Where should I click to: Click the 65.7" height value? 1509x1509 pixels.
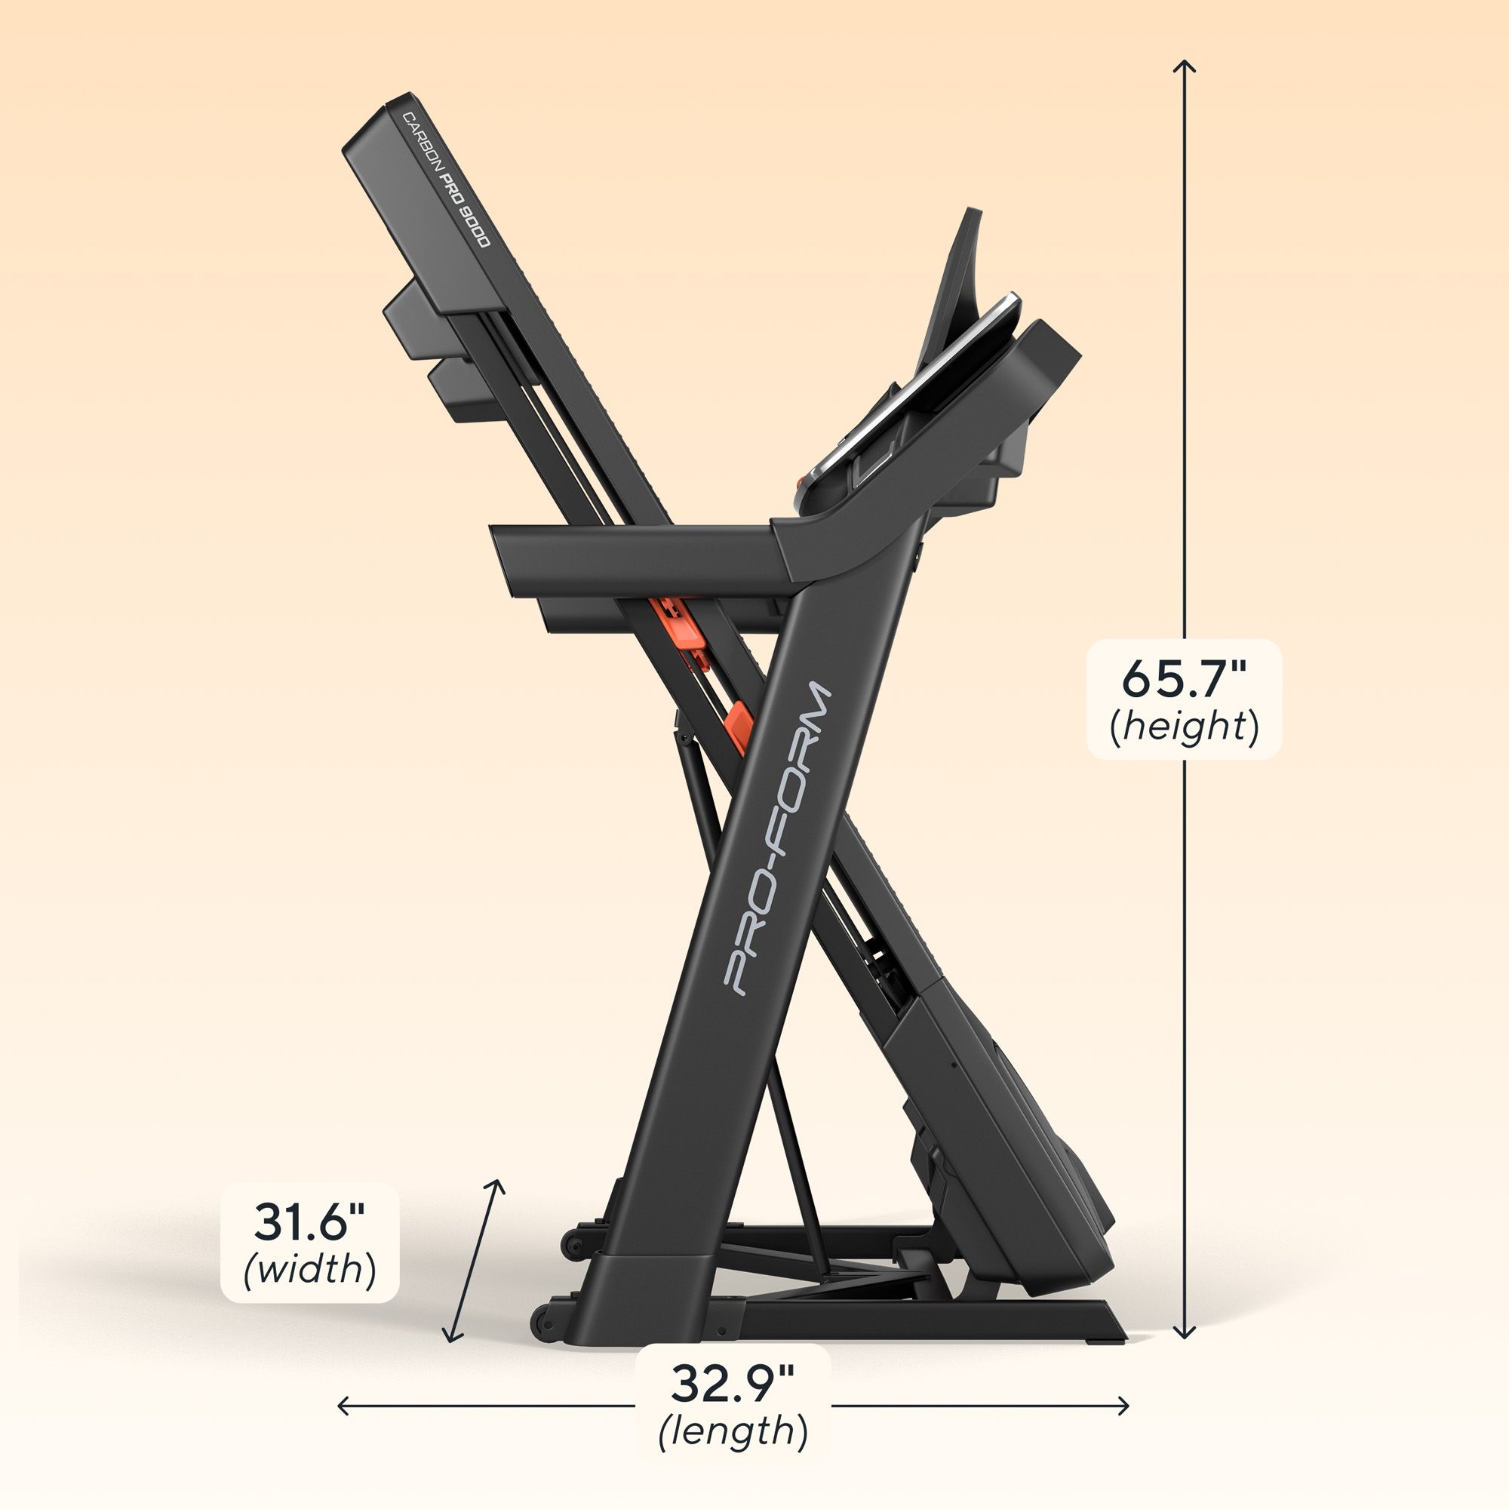pyautogui.click(x=1184, y=678)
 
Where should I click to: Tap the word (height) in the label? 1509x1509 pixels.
pyautogui.click(x=1184, y=727)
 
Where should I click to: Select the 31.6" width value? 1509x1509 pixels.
pyautogui.click(x=310, y=1222)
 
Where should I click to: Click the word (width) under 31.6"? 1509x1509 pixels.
pyautogui.click(x=310, y=1268)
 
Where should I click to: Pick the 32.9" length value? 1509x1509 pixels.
pyautogui.click(x=733, y=1384)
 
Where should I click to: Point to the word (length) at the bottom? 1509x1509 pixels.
pyautogui.click(x=733, y=1432)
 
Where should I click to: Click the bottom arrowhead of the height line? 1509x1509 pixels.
pyautogui.click(x=1185, y=1335)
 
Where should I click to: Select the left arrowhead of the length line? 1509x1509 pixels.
pyautogui.click(x=342, y=1406)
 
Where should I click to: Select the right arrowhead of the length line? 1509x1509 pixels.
pyautogui.click(x=1125, y=1406)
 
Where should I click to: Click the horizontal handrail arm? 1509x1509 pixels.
pyautogui.click(x=633, y=556)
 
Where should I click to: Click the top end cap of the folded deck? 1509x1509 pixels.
pyautogui.click(x=379, y=125)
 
